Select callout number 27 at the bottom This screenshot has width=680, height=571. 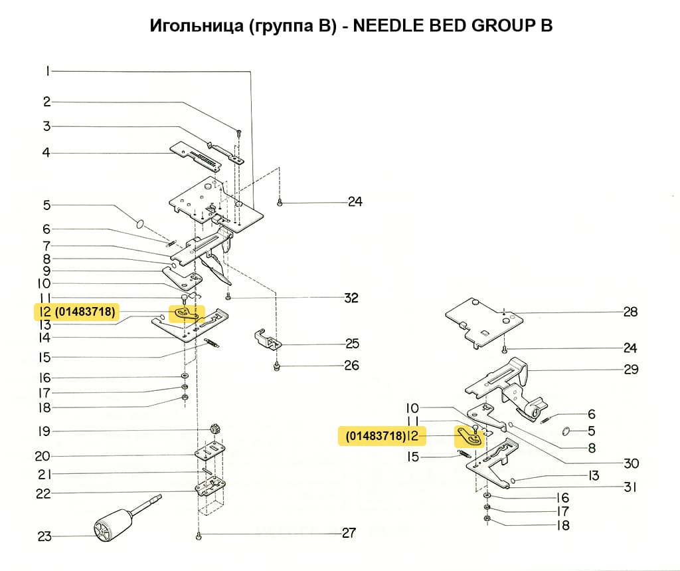(349, 532)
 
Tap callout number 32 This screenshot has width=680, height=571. (351, 298)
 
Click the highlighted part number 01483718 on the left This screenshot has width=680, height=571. (86, 310)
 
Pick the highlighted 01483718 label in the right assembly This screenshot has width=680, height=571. (376, 436)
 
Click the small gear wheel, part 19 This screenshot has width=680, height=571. (215, 427)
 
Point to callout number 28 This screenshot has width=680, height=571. (630, 311)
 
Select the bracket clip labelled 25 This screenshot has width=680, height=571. (267, 339)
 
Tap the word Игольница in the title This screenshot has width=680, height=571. (192, 26)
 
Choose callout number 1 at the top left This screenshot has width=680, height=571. (48, 71)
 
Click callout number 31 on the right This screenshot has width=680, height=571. (630, 487)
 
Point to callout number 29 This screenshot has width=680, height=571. (630, 369)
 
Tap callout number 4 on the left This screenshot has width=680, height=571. (46, 153)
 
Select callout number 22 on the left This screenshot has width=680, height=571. (44, 493)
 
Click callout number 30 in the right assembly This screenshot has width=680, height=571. (630, 463)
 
